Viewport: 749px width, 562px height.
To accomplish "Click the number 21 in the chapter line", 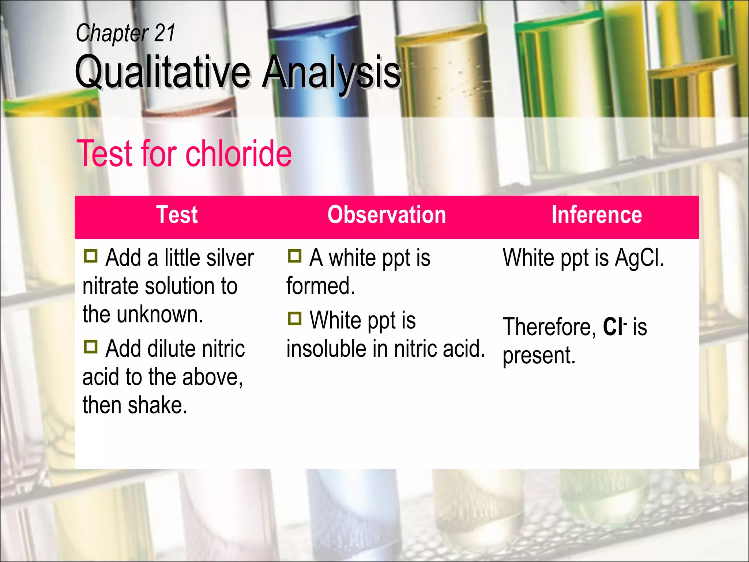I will [164, 33].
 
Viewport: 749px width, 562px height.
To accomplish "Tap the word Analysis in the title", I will [331, 72].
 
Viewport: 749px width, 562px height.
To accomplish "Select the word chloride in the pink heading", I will [238, 154].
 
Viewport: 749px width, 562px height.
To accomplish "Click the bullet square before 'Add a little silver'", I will [90, 256].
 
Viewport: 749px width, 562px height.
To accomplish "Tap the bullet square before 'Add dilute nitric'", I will [90, 346].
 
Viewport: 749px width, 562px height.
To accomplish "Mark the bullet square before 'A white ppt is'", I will [294, 256].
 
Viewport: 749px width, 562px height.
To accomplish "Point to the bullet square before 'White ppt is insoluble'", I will [294, 319].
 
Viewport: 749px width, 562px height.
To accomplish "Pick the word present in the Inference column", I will [538, 355].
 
